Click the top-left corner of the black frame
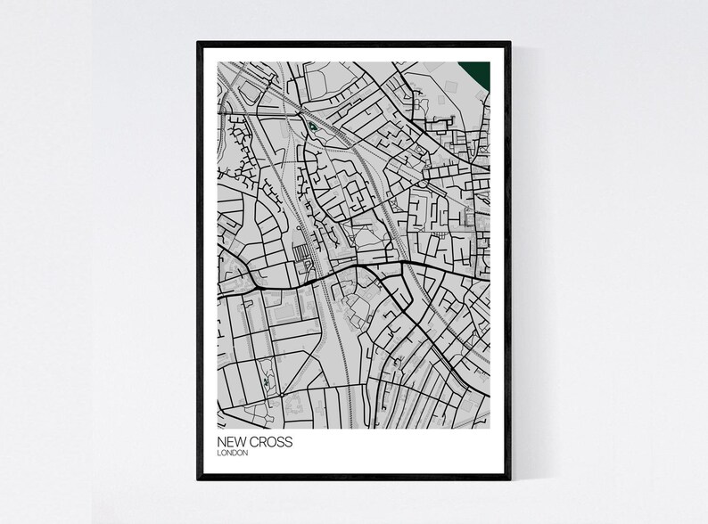click(199, 42)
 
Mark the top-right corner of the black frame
click(509, 42)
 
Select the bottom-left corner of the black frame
click(199, 479)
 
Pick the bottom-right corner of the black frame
click(509, 479)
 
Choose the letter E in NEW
click(232, 442)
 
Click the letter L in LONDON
click(219, 454)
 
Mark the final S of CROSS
click(288, 442)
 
